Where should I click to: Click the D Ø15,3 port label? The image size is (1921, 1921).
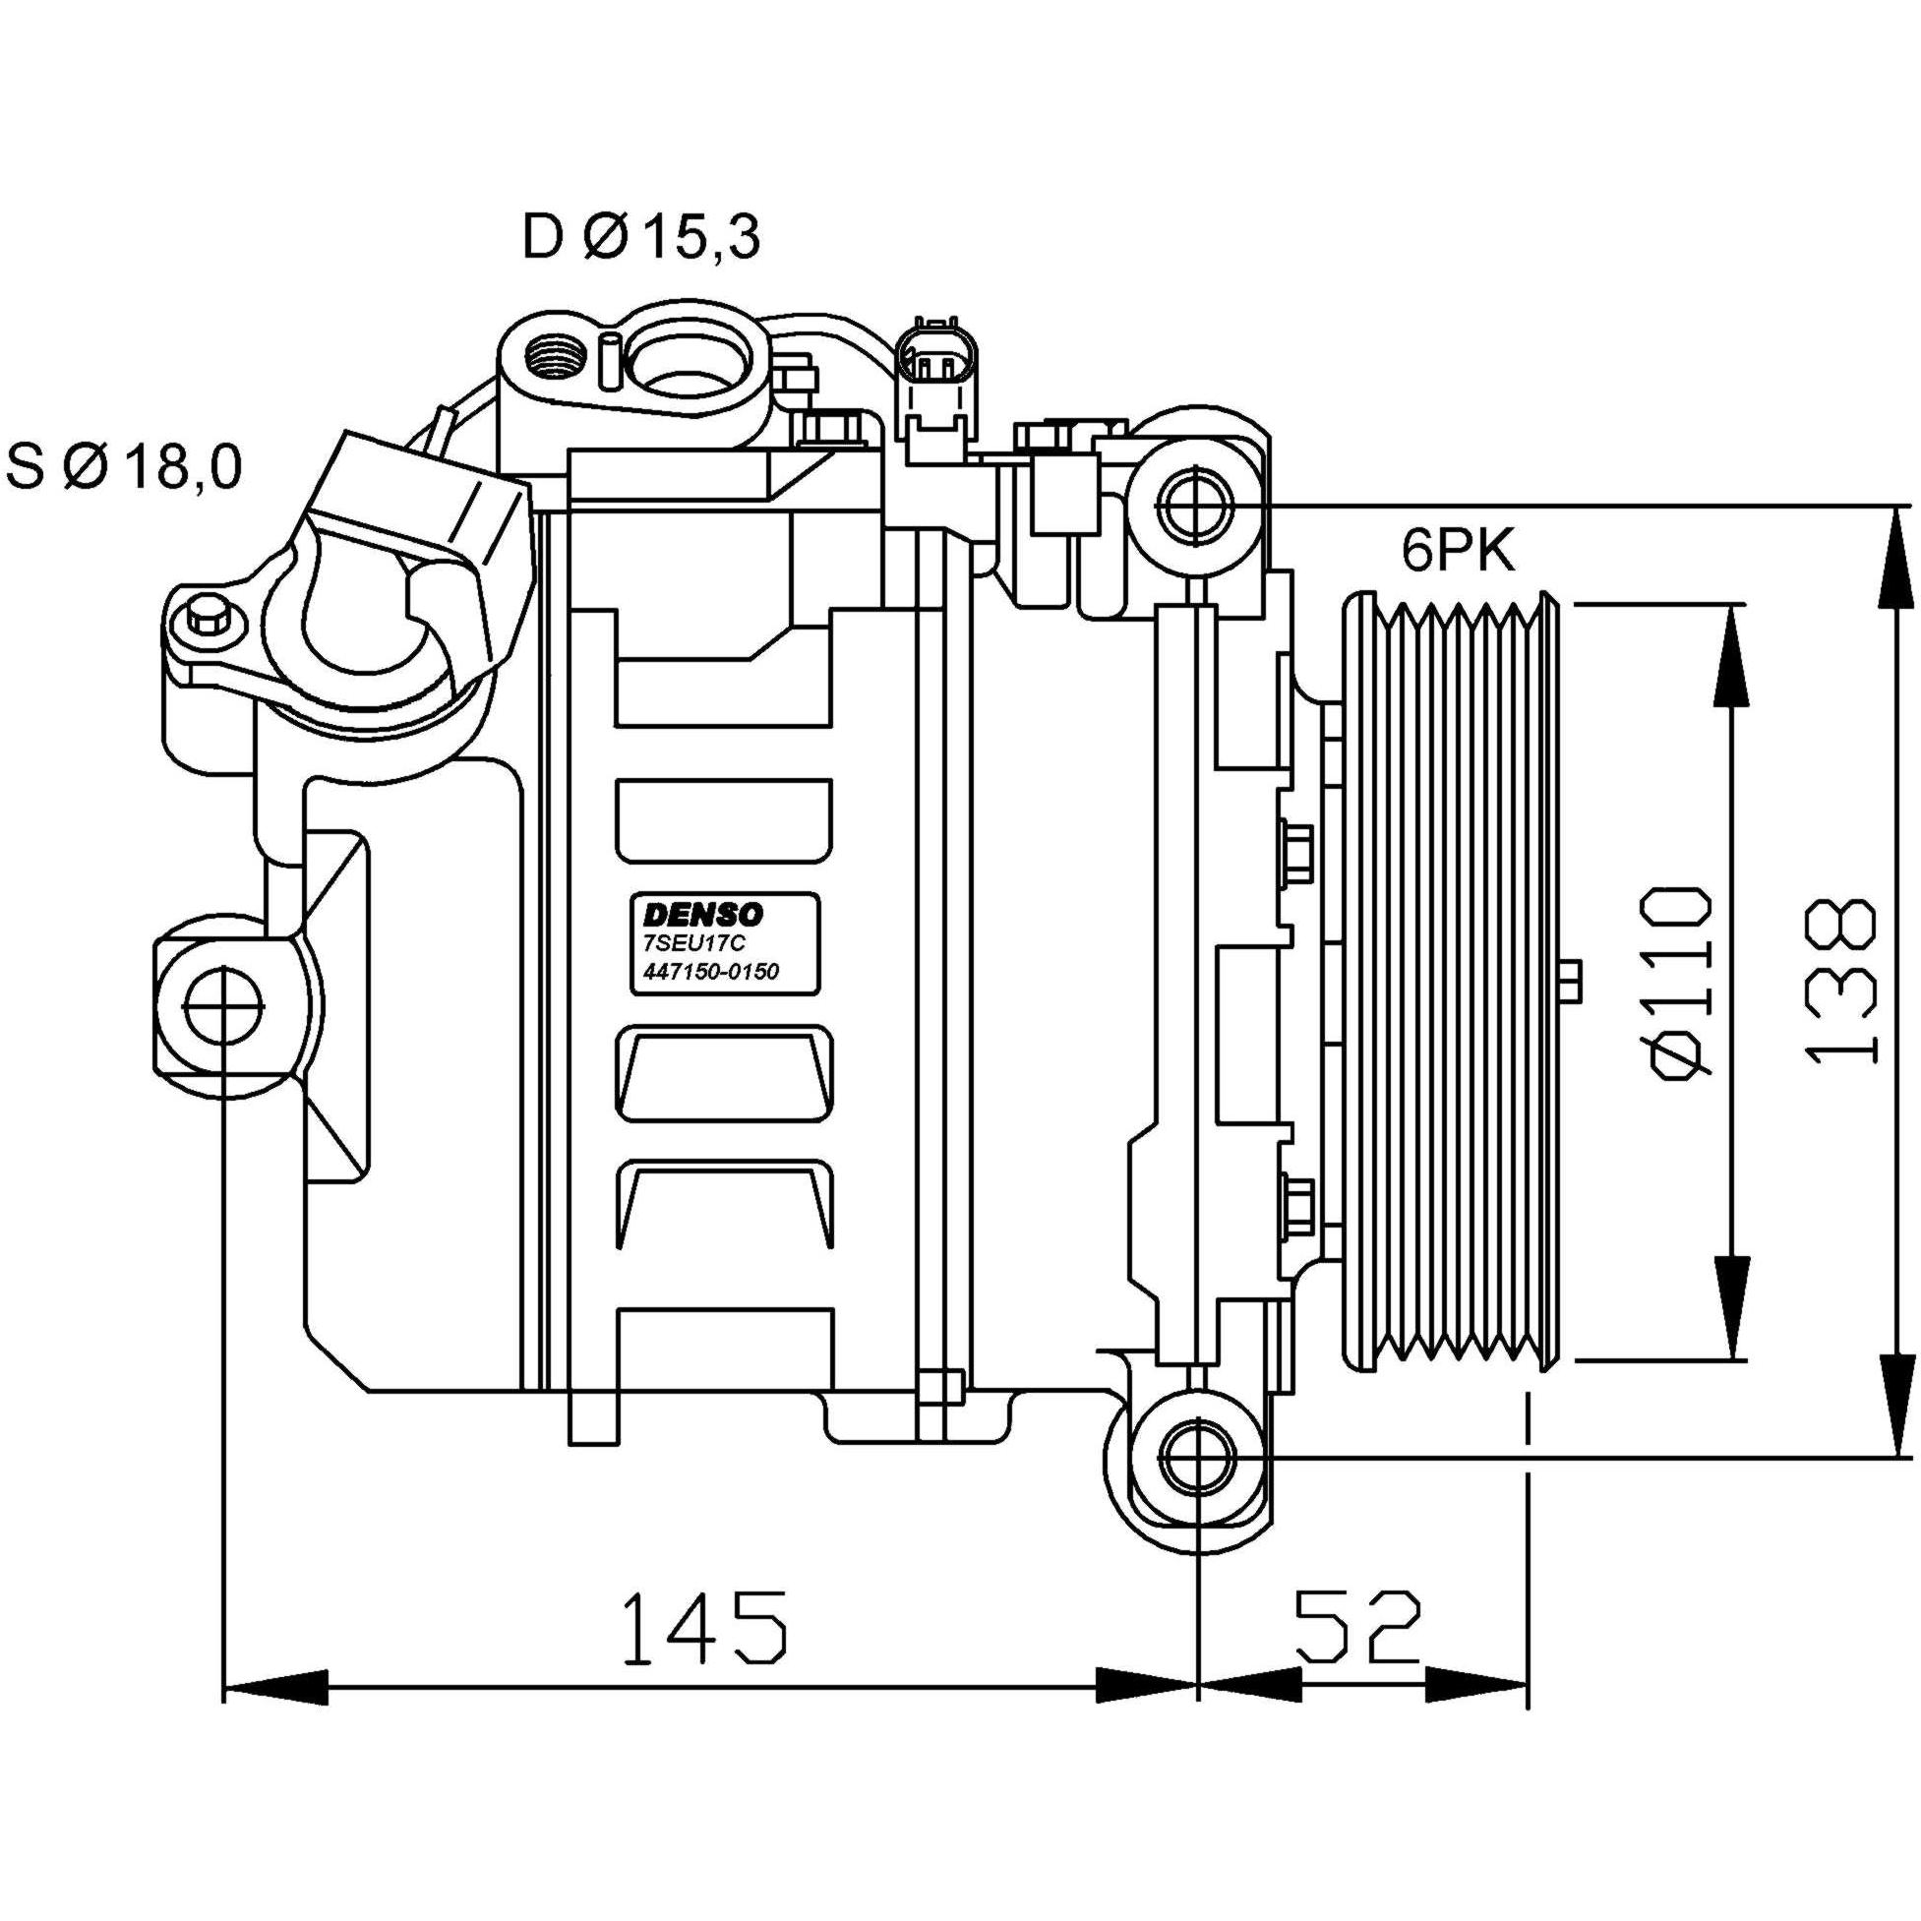click(x=641, y=238)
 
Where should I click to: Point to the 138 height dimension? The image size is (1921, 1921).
click(x=1841, y=983)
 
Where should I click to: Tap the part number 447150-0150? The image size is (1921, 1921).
click(x=706, y=972)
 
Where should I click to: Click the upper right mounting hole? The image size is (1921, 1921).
click(x=1199, y=505)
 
